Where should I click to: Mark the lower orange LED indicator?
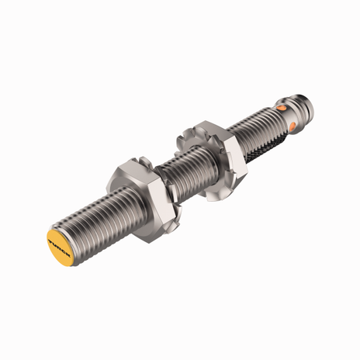click(x=293, y=123)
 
